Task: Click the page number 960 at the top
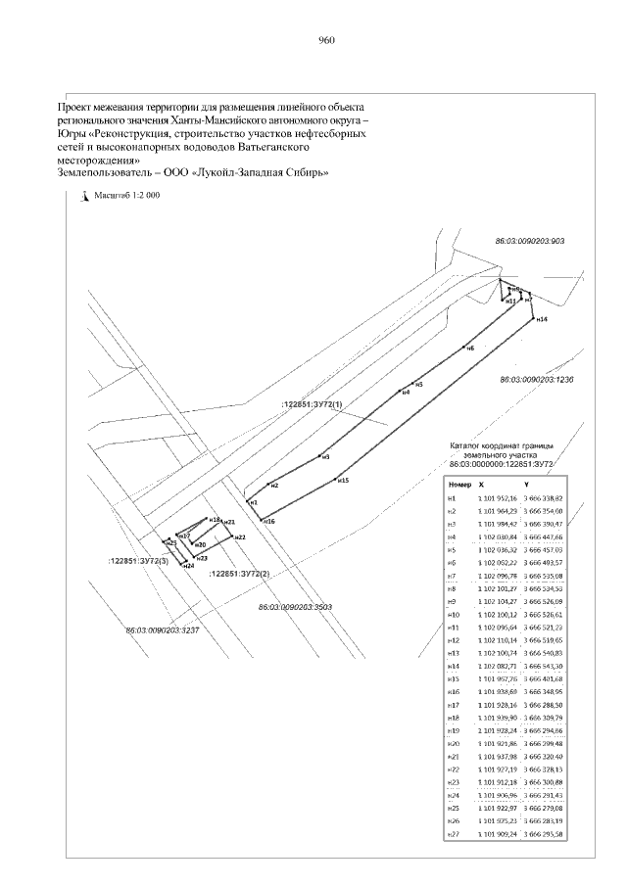327,40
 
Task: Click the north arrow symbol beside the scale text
84,195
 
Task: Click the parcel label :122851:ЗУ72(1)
313,404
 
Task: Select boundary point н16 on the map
262,520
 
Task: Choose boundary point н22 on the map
232,536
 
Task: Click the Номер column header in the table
458,485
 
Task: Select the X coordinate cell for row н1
490,498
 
